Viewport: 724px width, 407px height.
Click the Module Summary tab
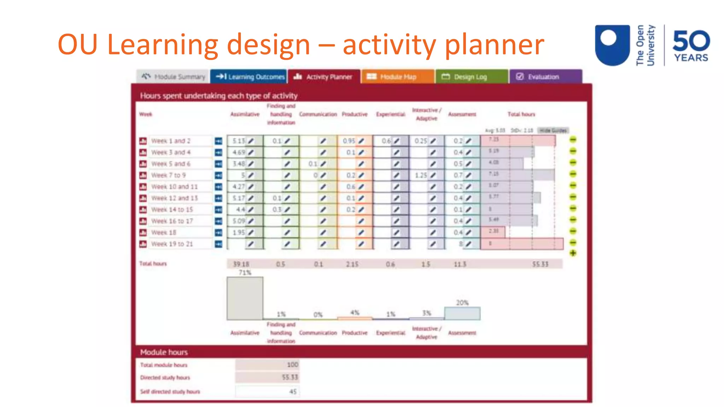173,77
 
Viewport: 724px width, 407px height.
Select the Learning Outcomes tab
250,77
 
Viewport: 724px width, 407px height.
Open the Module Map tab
397,77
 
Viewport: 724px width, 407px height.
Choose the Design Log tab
471,77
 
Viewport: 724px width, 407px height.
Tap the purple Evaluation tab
544,77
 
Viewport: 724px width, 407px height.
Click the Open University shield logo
612,45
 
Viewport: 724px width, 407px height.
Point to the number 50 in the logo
691,41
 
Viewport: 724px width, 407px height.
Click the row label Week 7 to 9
168,175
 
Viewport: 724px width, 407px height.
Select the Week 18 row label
163,232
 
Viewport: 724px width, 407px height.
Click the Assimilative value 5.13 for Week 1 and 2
239,141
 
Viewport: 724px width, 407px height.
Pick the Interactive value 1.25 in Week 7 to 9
421,175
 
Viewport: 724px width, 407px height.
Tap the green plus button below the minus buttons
573,253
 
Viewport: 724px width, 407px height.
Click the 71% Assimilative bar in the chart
245,298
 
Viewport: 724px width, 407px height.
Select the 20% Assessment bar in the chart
462,313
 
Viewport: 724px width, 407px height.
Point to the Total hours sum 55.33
540,264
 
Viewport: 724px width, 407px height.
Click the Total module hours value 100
292,365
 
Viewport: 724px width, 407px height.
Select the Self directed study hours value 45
293,391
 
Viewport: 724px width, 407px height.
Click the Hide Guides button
553,131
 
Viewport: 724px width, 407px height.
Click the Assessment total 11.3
460,264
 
